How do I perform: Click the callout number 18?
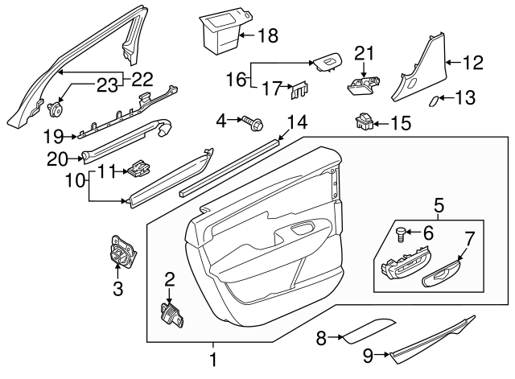tap(267, 35)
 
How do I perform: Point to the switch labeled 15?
tap(361, 122)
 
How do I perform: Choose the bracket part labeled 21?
tap(363, 81)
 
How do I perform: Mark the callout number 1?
tap(213, 360)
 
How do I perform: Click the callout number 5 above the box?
tap(438, 205)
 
